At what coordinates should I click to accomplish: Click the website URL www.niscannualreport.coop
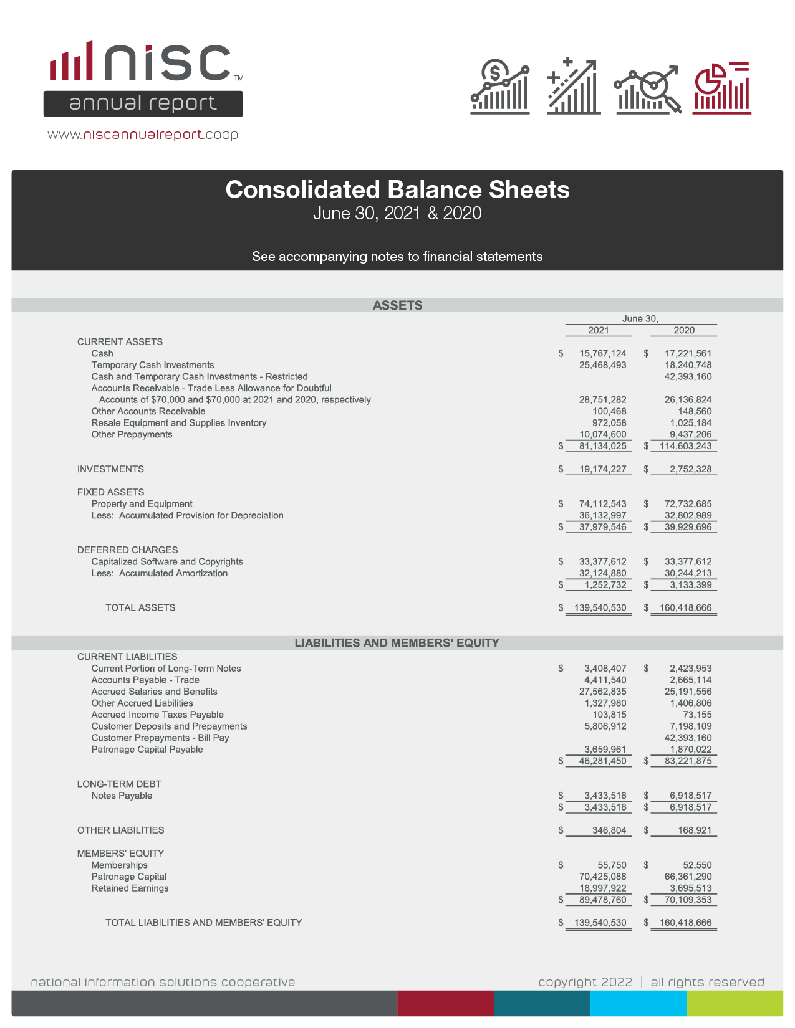pos(143,135)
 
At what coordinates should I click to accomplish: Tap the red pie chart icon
pos(722,88)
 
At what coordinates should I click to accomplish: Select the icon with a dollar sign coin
pos(500,88)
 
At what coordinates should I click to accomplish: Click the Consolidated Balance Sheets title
pos(397,190)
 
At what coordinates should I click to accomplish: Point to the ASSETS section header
pos(397,305)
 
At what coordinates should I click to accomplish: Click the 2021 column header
pos(598,330)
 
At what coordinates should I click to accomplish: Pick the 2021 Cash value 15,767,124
pos(602,353)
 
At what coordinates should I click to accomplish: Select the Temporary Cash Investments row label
pos(153,365)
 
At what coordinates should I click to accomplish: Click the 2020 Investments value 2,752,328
pos(690,469)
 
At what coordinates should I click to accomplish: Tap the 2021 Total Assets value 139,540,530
pos(600,607)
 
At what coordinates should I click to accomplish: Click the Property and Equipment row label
pos(142,503)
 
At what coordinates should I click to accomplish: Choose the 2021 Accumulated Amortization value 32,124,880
pos(602,573)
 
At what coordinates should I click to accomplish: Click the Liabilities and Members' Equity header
pos(397,643)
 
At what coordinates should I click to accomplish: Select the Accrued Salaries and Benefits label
pos(154,692)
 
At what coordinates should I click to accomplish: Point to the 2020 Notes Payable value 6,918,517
pos(690,796)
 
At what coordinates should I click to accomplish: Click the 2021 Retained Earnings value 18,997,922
pos(602,888)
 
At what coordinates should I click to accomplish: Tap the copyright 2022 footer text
pos(585,982)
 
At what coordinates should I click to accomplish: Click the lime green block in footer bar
pos(735,1003)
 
